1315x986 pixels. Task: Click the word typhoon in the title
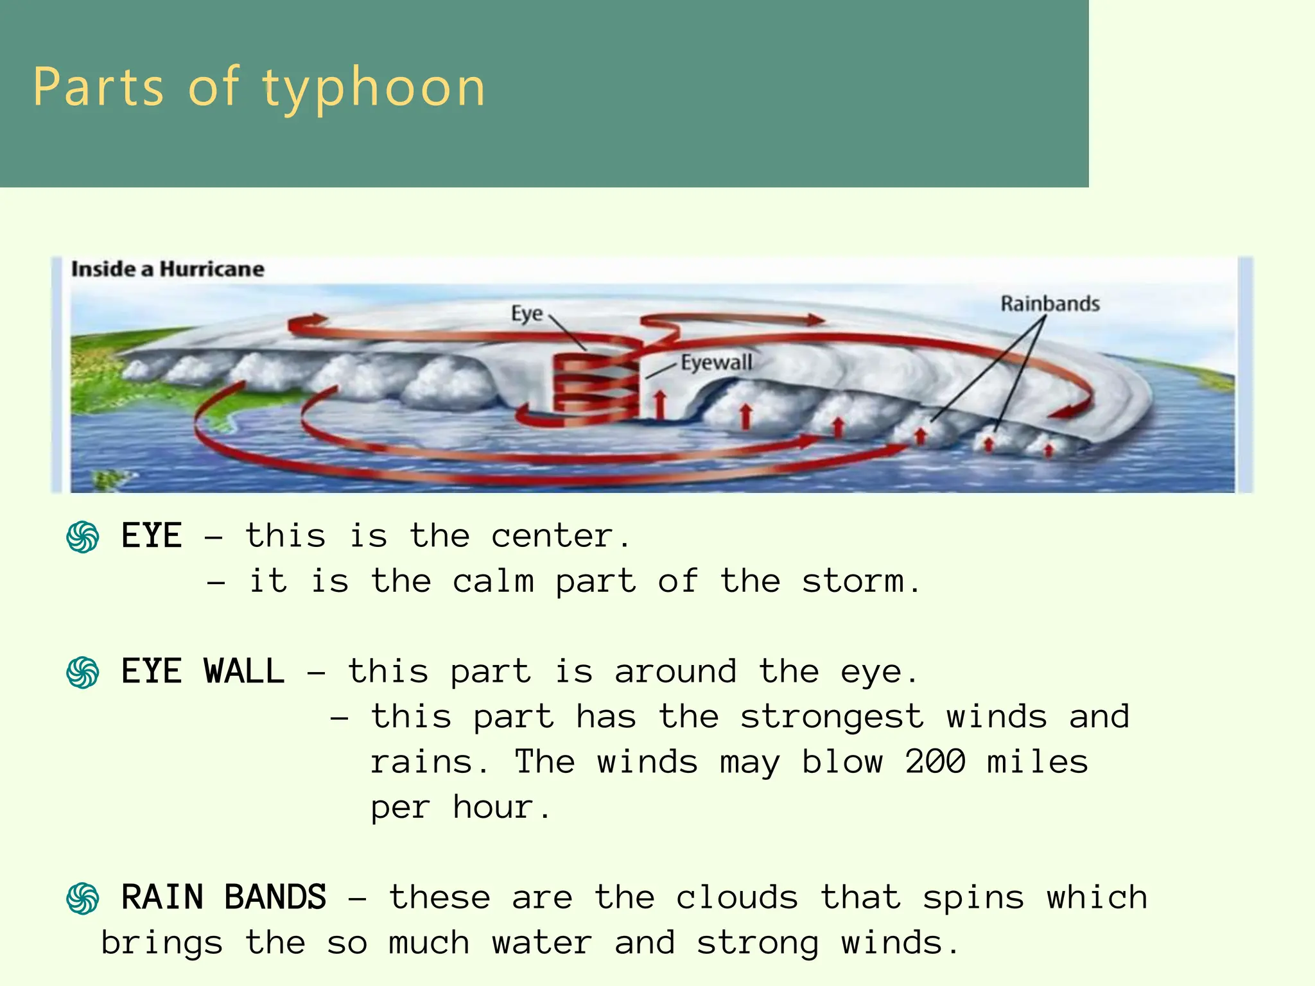(x=374, y=89)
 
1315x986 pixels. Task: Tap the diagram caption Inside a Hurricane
(x=168, y=269)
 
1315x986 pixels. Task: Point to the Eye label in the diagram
(x=527, y=314)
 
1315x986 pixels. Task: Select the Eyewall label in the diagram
(x=716, y=363)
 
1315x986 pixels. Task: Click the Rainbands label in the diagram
(x=1050, y=304)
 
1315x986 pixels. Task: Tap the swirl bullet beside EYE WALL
(x=83, y=673)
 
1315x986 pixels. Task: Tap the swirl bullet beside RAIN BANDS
(x=83, y=898)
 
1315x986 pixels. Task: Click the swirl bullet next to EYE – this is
(x=83, y=537)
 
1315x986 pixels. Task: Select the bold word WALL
(x=244, y=672)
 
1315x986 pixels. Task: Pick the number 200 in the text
(x=935, y=762)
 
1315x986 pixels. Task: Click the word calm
(x=493, y=582)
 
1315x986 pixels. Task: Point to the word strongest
(x=832, y=717)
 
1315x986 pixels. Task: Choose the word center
(x=552, y=537)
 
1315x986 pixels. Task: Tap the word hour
(x=493, y=808)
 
